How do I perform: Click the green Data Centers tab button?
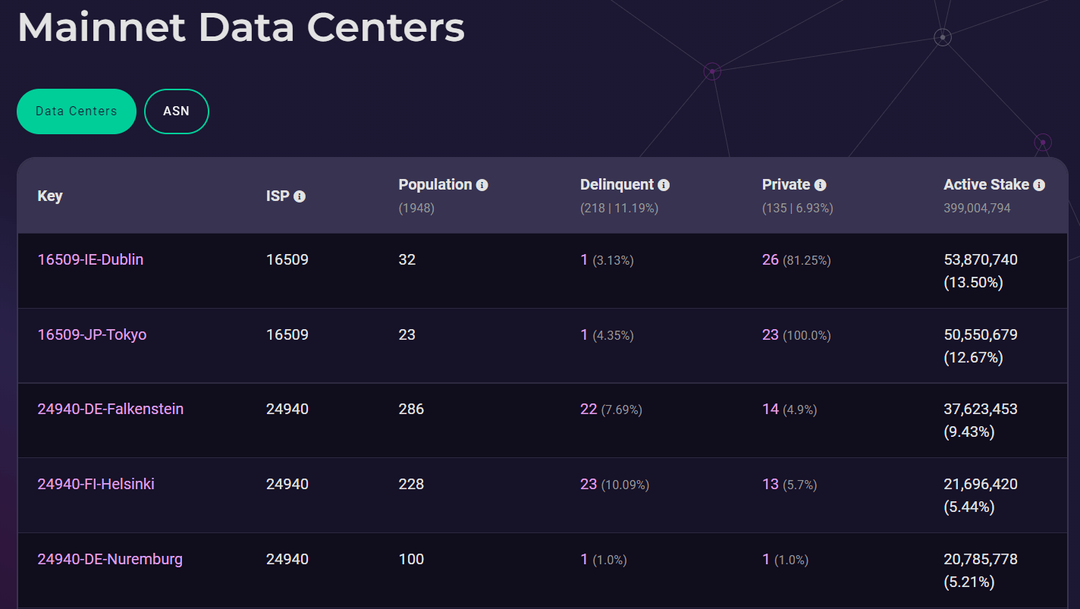(x=77, y=111)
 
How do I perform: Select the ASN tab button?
(x=177, y=111)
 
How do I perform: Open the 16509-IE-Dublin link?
(x=90, y=259)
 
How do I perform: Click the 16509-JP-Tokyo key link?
(x=92, y=334)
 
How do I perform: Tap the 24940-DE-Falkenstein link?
(x=111, y=409)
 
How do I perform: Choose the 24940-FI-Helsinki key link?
(x=96, y=484)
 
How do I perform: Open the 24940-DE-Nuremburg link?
(x=110, y=560)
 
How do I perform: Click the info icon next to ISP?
(x=300, y=196)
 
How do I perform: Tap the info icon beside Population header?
(x=482, y=185)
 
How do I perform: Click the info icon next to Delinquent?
(x=664, y=185)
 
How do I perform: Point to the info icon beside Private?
(x=820, y=185)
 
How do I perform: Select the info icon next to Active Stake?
(x=1039, y=185)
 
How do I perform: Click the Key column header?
(x=50, y=196)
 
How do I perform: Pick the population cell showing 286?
(x=411, y=409)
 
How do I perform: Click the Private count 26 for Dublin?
(x=770, y=259)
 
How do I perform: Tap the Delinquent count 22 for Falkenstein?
(x=589, y=409)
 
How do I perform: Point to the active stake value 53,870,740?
(x=981, y=259)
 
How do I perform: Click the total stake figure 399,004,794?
(x=977, y=208)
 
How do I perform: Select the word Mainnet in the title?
(x=102, y=27)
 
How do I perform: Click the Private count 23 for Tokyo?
(x=770, y=334)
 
